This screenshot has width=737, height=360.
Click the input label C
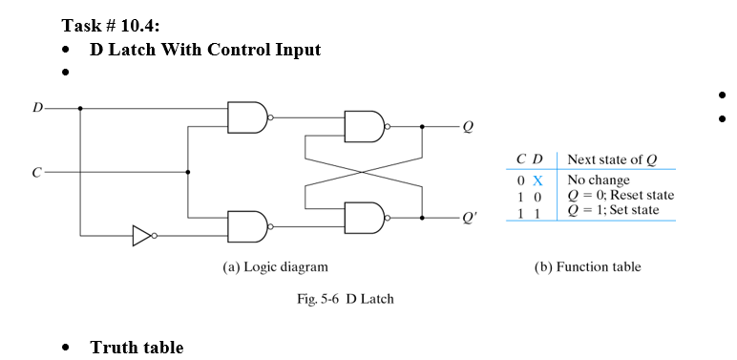point(36,173)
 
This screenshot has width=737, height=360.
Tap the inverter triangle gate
point(142,234)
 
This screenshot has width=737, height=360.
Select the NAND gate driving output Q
point(363,125)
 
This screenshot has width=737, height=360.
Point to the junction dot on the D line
point(80,108)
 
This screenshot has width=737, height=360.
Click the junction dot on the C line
point(188,173)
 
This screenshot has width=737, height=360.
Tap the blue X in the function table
point(537,180)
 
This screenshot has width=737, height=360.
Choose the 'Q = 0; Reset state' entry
point(621,195)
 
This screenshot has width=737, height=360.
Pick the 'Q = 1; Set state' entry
point(613,210)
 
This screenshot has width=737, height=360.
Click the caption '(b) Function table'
point(587,267)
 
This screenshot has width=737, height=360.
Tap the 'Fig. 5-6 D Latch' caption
point(344,299)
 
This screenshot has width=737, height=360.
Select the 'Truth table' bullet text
point(137,347)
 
